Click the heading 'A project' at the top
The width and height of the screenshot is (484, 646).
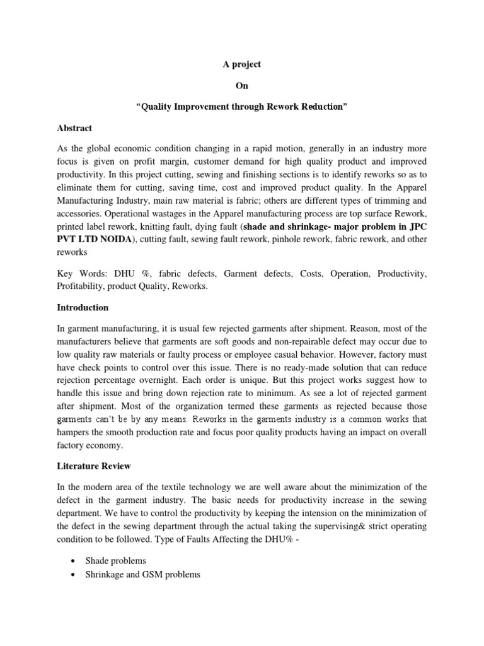(242, 64)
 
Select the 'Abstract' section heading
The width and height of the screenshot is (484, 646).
(74, 128)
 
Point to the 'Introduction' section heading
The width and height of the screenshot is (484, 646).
(83, 308)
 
